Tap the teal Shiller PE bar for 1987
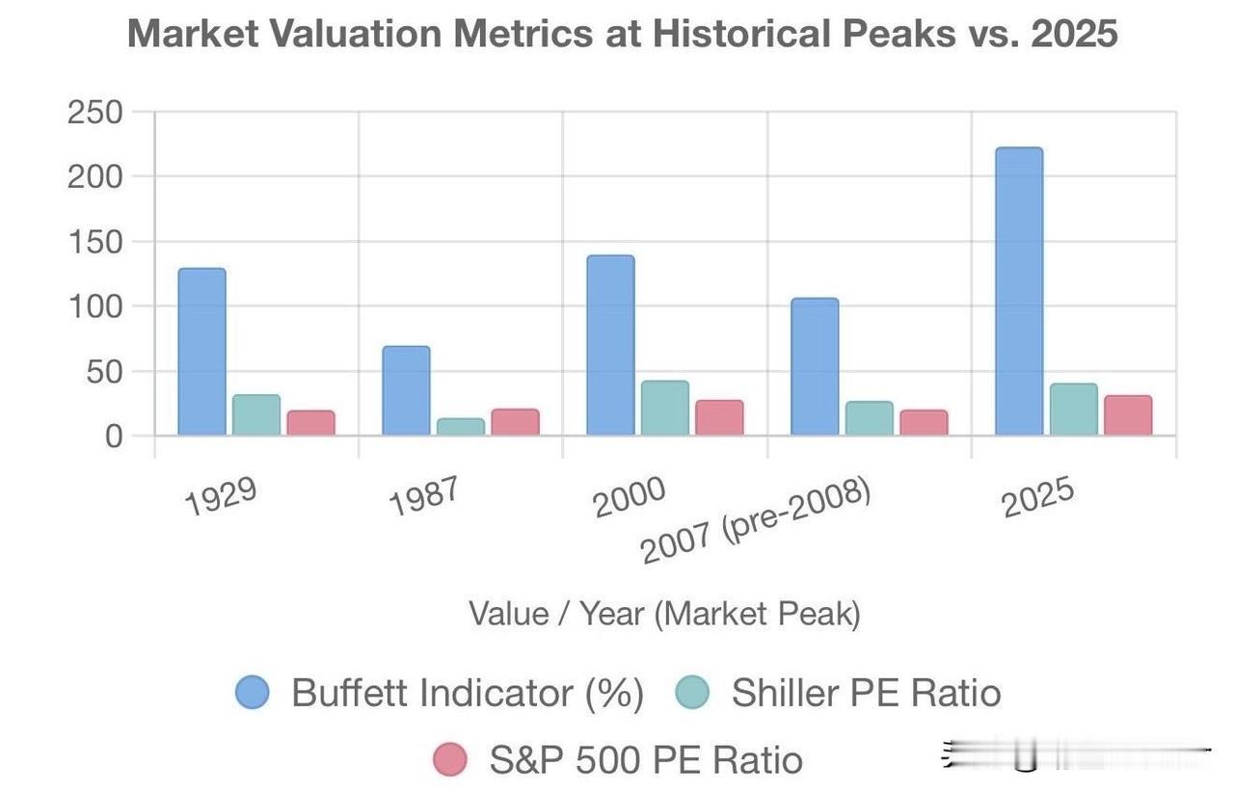[461, 427]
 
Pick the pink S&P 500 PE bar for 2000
[719, 418]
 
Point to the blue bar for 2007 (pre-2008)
[815, 367]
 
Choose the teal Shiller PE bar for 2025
[1073, 410]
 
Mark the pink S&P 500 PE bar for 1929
[310, 423]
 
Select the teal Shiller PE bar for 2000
[665, 409]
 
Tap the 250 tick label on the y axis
[95, 112]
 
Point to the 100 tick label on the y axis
[95, 306]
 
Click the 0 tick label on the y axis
[114, 436]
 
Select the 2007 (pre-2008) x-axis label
[757, 521]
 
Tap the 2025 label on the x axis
[1037, 496]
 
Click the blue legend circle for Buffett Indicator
[254, 692]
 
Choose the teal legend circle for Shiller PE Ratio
[692, 692]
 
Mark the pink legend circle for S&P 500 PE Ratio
[449, 759]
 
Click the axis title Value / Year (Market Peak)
[664, 614]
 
